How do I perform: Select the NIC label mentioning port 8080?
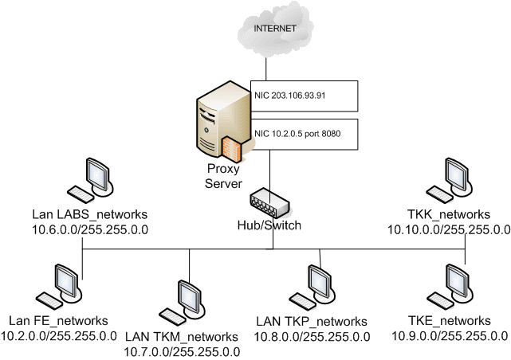pos(297,133)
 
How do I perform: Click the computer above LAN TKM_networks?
pos(187,299)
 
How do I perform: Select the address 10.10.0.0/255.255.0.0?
pos(449,229)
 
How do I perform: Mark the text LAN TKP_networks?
pos(312,321)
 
